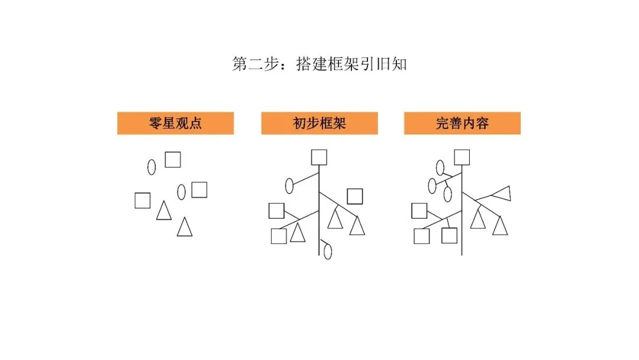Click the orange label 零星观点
tap(175, 123)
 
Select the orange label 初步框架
tap(319, 123)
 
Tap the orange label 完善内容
tap(462, 123)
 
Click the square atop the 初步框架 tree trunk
tap(319, 157)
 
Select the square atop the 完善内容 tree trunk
tap(462, 157)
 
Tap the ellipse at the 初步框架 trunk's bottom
tap(328, 251)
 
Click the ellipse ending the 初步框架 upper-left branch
tap(289, 185)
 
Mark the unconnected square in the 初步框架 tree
tap(355, 196)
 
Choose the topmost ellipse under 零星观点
tap(151, 167)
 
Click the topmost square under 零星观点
tap(173, 159)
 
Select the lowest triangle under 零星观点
tap(185, 227)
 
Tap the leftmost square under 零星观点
tap(143, 201)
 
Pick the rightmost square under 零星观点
tap(199, 189)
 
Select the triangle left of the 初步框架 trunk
tap(297, 233)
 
